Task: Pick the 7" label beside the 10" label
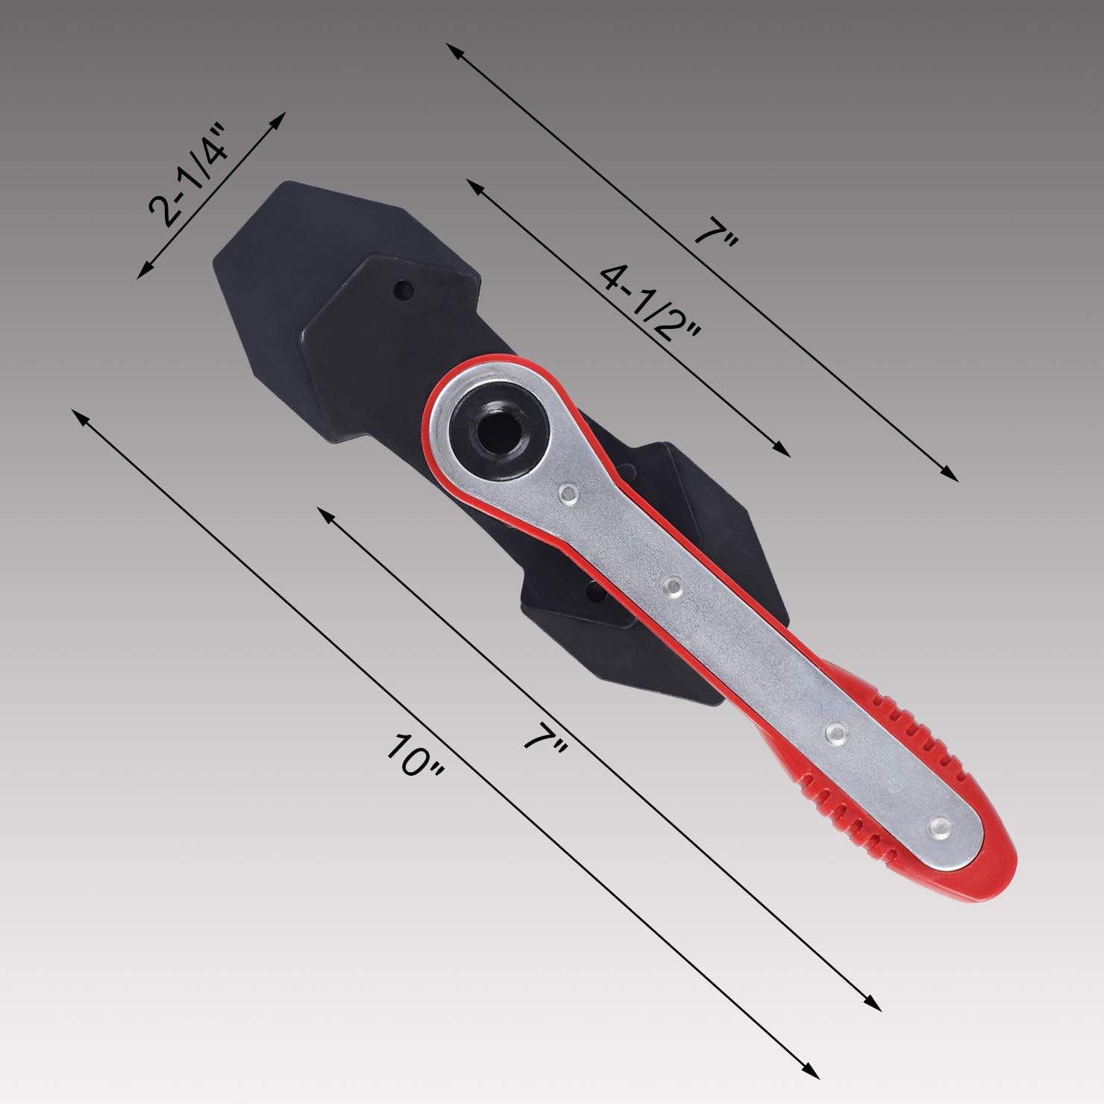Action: (546, 735)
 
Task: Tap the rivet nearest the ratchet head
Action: (569, 492)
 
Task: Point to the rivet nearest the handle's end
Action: (940, 825)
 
